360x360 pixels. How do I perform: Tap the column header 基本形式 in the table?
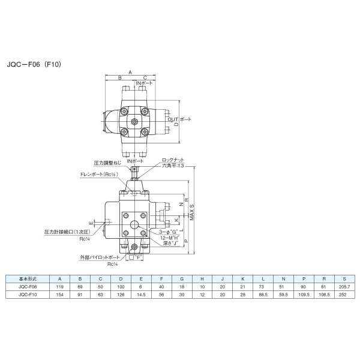[x=28, y=279]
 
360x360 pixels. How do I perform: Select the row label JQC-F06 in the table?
[x=28, y=287]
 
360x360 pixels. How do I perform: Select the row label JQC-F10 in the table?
[x=28, y=295]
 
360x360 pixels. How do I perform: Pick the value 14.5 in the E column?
[x=140, y=295]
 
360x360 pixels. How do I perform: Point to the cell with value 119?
[x=59, y=287]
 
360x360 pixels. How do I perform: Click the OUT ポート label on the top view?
[x=179, y=119]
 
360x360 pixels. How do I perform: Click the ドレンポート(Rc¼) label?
[x=97, y=174]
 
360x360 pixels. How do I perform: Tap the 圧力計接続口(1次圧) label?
[x=67, y=231]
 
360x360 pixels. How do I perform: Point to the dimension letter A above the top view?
[x=130, y=71]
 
